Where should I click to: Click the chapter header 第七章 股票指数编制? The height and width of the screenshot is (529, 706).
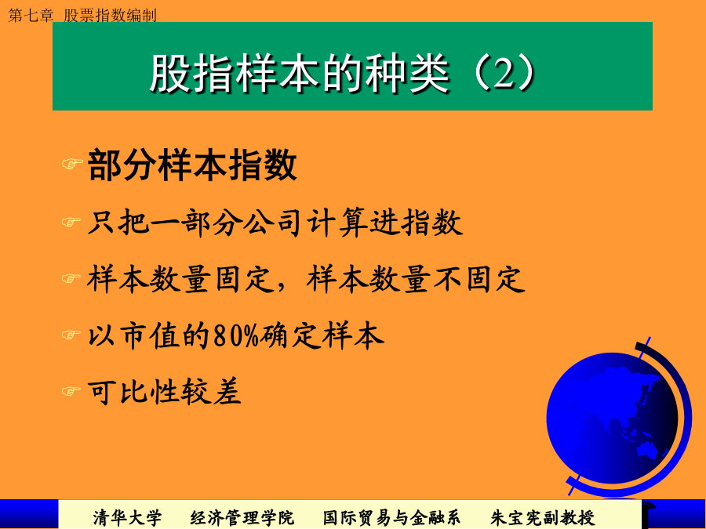82,16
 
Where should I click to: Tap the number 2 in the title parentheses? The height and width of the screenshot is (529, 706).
504,73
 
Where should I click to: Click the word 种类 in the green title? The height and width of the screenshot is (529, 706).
406,73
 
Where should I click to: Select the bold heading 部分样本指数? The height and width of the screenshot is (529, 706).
192,165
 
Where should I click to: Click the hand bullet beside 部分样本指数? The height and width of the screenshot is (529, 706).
72,163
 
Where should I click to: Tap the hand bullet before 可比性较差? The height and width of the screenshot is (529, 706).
71,391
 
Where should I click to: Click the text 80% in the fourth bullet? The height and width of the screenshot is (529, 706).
236,335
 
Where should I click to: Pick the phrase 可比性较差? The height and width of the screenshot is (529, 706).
165,391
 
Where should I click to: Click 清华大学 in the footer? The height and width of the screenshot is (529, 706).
127,517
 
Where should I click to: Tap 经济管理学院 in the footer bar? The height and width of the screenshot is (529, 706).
242,517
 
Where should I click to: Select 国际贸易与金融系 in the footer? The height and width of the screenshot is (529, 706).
391,517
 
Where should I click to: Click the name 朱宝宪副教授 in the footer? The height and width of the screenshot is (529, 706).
543,517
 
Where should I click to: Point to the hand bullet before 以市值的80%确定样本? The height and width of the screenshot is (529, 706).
71,335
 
